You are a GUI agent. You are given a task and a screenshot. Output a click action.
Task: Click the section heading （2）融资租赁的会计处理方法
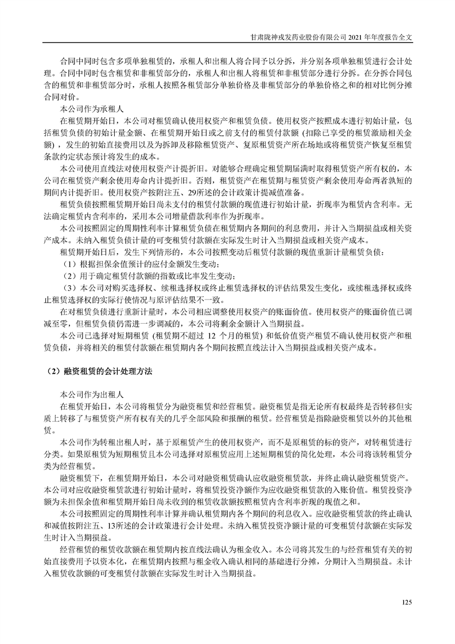(x=99, y=371)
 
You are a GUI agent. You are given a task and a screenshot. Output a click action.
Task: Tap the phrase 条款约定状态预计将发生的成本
(x=101, y=156)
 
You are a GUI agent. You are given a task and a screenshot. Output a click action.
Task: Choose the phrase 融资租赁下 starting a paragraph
(x=78, y=478)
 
